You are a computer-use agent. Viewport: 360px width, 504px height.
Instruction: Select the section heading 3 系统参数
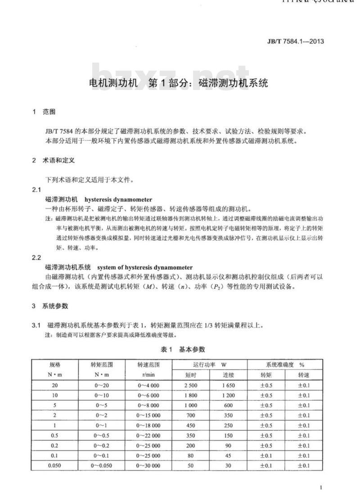[50, 306]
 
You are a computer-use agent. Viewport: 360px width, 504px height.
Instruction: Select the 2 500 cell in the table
[191, 386]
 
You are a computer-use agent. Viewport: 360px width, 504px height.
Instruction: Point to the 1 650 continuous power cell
[229, 386]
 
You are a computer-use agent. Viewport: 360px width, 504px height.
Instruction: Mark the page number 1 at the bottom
[320, 488]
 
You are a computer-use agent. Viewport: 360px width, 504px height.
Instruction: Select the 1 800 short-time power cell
[191, 396]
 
